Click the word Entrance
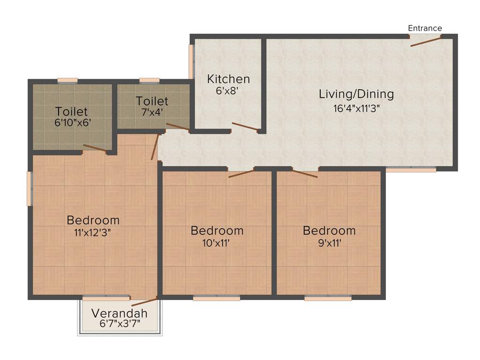(425, 28)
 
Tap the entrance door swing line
(426, 42)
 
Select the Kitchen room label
(228, 79)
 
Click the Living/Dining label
(356, 94)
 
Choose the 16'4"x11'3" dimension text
(356, 109)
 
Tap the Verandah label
(119, 313)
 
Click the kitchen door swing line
(245, 127)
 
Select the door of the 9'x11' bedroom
(305, 173)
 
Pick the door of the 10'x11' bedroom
(241, 173)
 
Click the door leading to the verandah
(144, 301)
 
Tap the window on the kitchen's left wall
(191, 61)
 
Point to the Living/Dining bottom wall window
(411, 169)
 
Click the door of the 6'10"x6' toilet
(95, 149)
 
